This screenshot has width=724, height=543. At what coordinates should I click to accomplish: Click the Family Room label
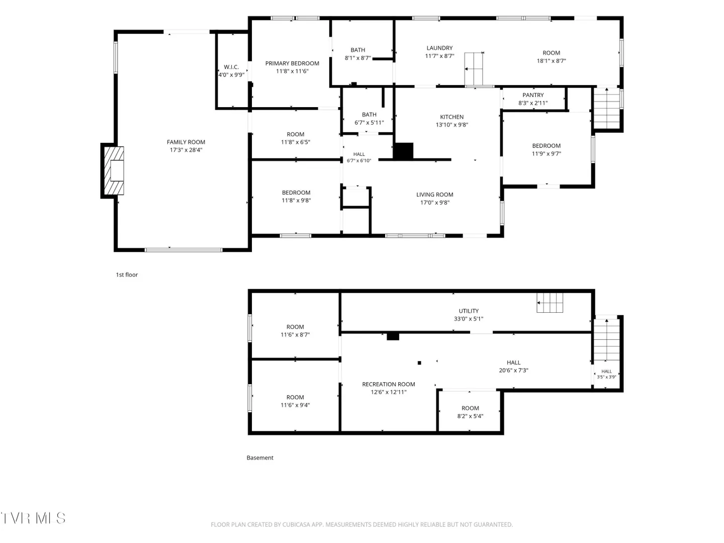[186, 142]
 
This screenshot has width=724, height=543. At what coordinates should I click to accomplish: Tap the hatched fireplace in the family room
[114, 170]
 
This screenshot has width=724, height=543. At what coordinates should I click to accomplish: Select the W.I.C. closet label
[231, 67]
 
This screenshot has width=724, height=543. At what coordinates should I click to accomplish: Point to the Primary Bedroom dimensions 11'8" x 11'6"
[292, 71]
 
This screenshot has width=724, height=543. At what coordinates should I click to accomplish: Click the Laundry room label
[439, 48]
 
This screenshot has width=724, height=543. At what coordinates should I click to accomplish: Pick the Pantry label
[532, 95]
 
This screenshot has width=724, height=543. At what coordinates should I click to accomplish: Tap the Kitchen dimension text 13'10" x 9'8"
[451, 125]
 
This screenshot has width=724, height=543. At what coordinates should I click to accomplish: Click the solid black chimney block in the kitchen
[403, 151]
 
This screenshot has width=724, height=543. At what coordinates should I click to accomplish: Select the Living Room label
[434, 195]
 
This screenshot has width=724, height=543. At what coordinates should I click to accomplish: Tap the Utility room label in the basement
[469, 311]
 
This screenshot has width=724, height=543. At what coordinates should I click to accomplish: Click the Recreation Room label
[388, 384]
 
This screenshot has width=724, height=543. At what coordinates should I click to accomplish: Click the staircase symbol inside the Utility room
[550, 303]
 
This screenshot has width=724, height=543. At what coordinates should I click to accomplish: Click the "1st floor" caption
[127, 275]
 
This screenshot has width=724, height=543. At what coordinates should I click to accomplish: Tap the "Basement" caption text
[260, 458]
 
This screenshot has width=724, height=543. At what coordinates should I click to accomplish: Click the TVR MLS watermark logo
[33, 518]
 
